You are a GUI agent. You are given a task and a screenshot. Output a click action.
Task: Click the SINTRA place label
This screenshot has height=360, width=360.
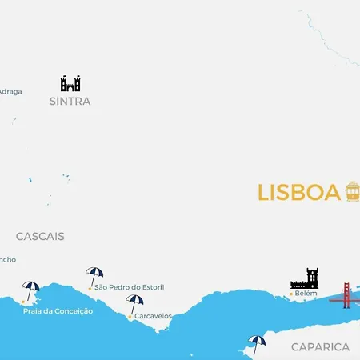(70, 102)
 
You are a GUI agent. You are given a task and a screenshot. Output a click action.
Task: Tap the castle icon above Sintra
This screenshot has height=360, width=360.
(70, 83)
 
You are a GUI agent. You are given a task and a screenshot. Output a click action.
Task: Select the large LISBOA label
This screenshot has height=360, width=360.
(298, 193)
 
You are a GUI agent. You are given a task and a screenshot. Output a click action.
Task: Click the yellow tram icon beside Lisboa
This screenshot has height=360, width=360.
(352, 191)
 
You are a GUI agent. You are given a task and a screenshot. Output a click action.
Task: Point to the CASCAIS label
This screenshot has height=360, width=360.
(40, 237)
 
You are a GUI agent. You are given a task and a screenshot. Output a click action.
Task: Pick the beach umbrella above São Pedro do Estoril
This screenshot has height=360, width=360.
(94, 275)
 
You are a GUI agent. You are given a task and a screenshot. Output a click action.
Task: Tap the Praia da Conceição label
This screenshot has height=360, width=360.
(58, 310)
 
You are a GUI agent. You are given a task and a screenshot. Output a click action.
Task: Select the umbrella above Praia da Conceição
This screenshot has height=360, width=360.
(31, 289)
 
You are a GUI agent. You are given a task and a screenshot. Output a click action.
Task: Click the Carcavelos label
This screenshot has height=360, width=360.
(153, 316)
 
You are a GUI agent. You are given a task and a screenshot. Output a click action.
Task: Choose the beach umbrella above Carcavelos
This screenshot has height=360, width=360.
(135, 303)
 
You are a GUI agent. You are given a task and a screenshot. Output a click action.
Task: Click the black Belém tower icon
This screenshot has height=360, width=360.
(305, 278)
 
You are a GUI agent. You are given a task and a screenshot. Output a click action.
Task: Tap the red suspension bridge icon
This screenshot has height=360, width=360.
(346, 295)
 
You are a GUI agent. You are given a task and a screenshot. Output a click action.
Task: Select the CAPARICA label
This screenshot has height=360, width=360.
(320, 347)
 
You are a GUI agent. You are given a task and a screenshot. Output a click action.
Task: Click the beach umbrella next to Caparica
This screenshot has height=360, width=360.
(257, 343)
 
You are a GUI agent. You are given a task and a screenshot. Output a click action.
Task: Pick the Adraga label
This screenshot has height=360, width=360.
(10, 91)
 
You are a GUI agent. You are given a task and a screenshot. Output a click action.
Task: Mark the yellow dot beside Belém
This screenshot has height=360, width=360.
(290, 294)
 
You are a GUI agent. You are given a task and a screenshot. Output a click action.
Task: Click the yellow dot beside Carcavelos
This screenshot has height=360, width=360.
(130, 317)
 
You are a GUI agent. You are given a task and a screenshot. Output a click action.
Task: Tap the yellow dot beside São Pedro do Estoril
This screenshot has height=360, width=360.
(90, 288)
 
